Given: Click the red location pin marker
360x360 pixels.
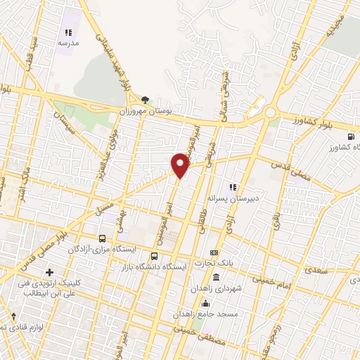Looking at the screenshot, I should click(x=181, y=165).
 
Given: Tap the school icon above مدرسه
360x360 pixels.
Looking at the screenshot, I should click(x=68, y=32).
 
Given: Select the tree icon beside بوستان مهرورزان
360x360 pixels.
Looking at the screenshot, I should click(x=145, y=101).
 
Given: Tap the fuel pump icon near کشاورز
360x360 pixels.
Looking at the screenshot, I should click(x=350, y=136).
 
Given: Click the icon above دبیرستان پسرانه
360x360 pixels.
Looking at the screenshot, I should click(x=233, y=187).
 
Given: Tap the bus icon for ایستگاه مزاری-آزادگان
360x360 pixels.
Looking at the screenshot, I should click(x=103, y=239).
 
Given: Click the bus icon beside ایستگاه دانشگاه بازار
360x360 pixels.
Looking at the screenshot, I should click(x=155, y=256).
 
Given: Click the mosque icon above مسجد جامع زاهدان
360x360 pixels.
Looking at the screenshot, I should click(x=205, y=303).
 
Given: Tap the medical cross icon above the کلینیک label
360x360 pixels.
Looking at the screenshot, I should click(x=49, y=272).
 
